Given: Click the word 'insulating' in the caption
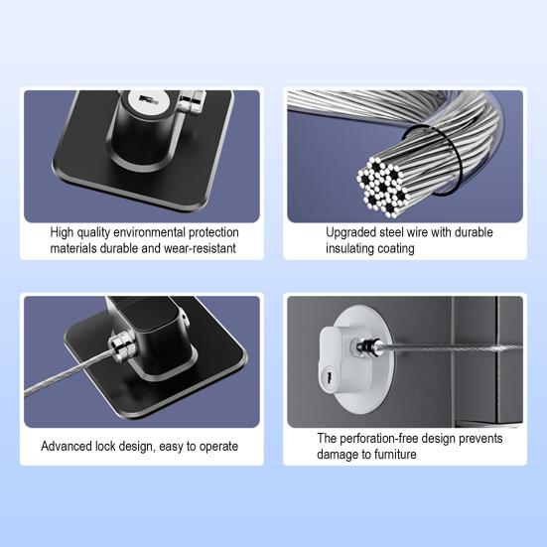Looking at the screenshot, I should point(355,248).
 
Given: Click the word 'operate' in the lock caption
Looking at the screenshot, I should point(215,446).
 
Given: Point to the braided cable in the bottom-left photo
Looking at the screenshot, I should point(60,383).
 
